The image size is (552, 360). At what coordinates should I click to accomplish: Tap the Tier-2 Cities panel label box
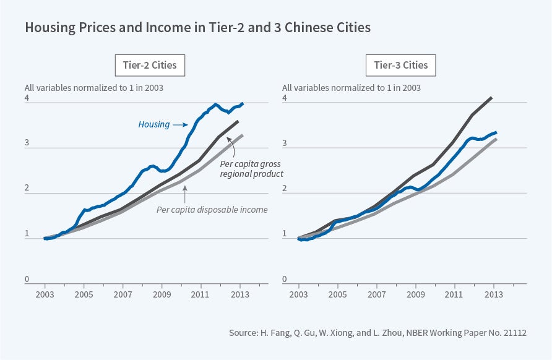point(150,65)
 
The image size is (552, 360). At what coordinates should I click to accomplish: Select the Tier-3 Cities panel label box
point(400,65)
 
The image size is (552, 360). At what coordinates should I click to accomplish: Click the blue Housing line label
point(154,124)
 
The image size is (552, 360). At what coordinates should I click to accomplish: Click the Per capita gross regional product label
point(251,168)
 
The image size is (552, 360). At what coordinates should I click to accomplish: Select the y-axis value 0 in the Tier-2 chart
point(27,280)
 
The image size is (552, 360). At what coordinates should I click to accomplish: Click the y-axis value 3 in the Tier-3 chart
point(285,144)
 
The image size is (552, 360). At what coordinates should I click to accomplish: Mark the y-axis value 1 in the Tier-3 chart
point(285,234)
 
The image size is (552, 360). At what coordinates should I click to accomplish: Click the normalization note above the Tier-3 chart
point(351,88)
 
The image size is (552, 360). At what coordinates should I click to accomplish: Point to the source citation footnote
point(377,333)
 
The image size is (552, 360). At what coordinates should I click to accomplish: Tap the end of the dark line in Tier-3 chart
point(491,98)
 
